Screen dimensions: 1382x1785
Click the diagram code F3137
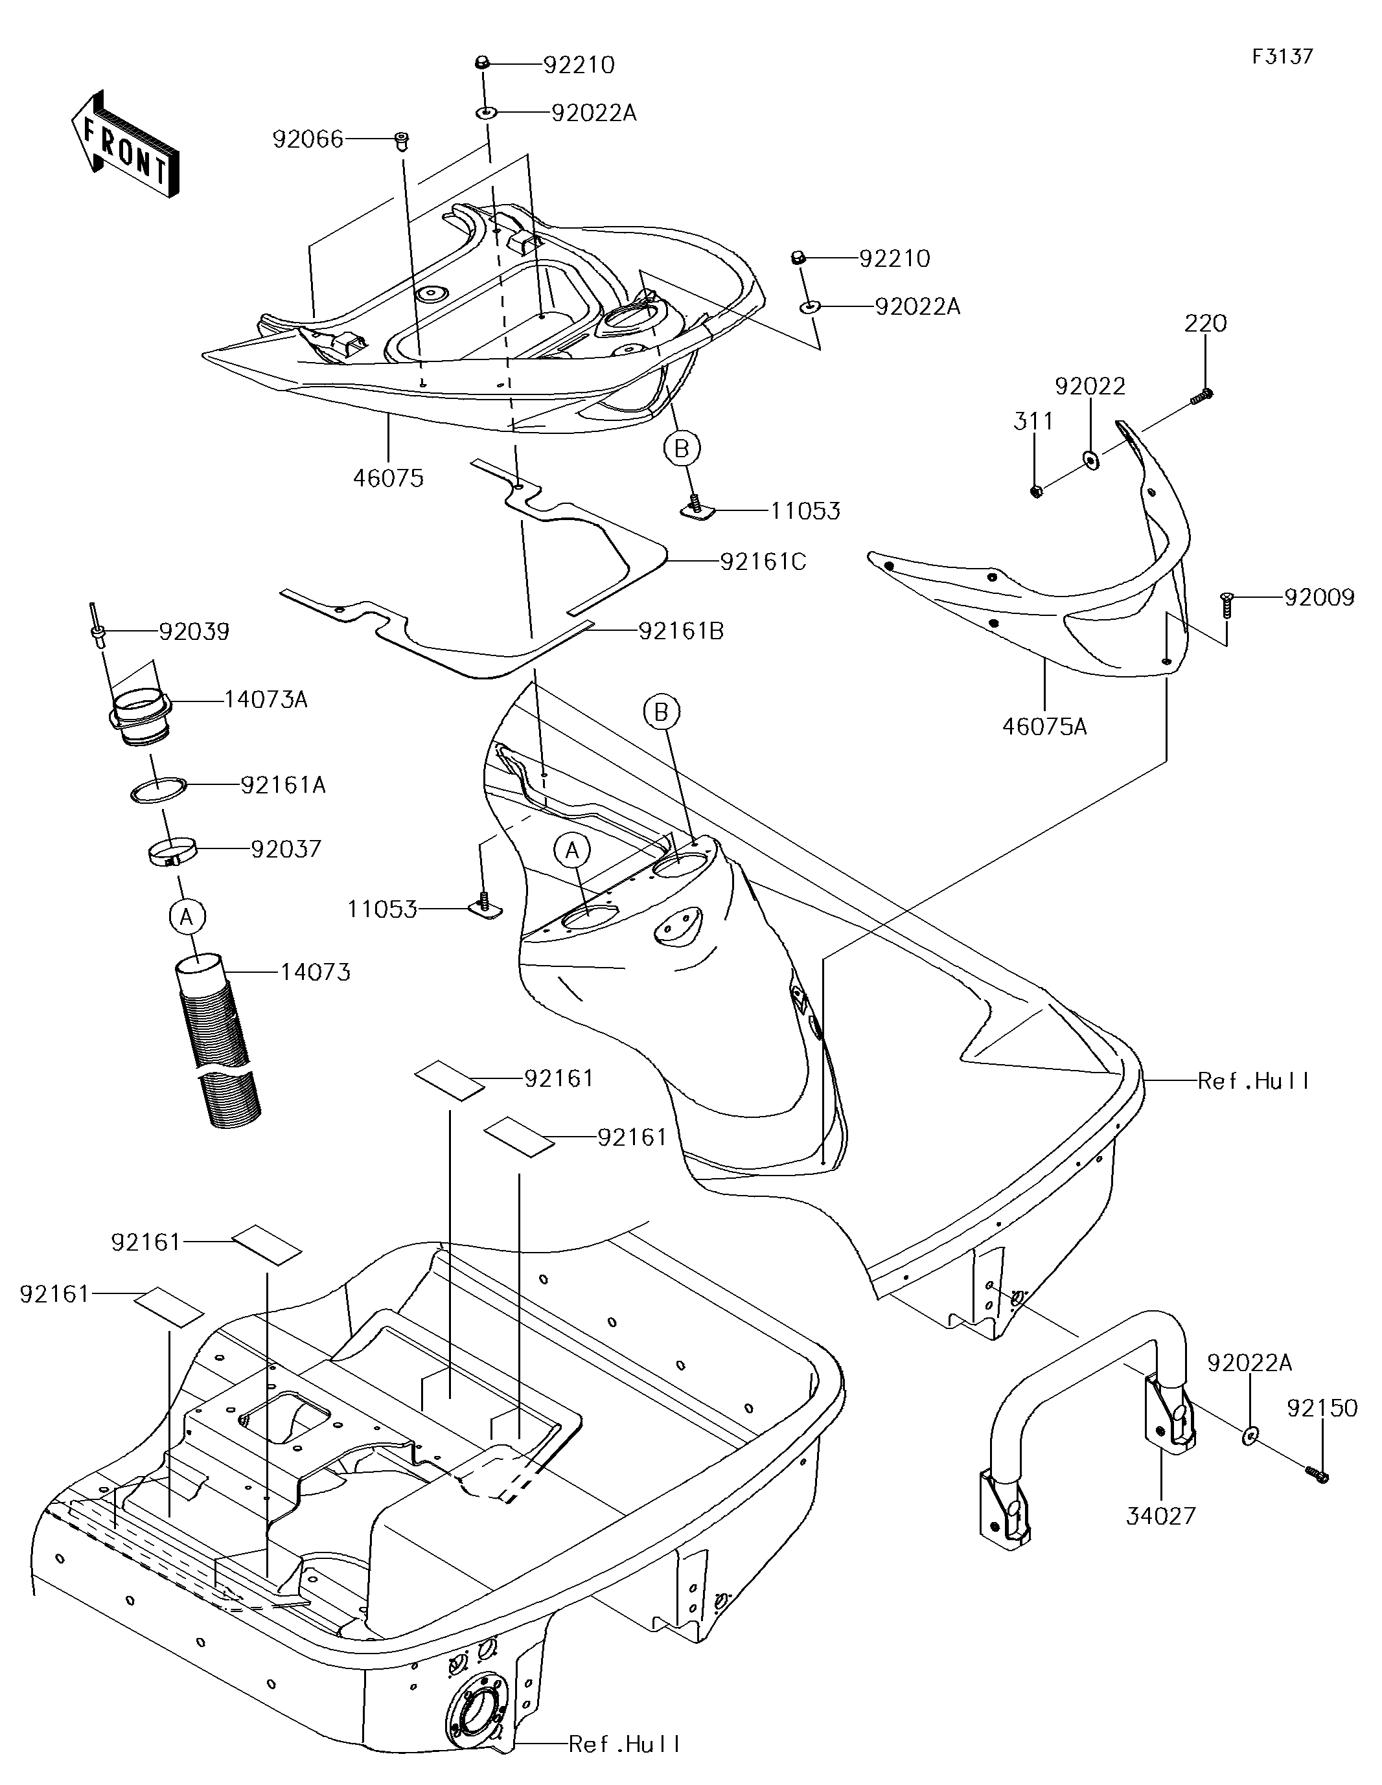tap(1282, 56)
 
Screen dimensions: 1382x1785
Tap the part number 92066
tap(308, 140)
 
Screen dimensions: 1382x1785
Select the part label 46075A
tap(1044, 727)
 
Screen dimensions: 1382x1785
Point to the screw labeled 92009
tap(1227, 606)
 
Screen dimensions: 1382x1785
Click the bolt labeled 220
tap(1200, 397)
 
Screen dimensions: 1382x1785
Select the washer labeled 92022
tap(1091, 460)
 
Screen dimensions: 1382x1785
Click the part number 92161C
tap(763, 562)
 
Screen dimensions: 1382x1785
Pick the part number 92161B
tap(681, 631)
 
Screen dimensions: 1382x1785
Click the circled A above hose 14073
tap(187, 917)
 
